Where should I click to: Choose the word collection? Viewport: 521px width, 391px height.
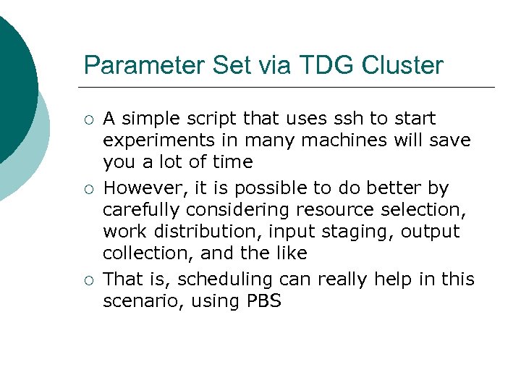145,253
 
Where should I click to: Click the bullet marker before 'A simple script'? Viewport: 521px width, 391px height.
88,119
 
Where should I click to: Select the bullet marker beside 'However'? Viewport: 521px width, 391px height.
88,189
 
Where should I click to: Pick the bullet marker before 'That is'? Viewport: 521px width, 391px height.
88,280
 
